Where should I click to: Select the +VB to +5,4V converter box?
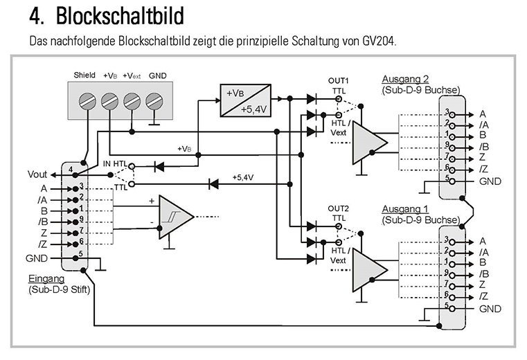pos(244,100)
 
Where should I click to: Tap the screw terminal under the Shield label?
pos(89,102)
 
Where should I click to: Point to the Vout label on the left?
pos(38,174)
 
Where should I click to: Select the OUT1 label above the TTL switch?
pos(339,81)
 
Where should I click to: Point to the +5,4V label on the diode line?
pos(243,178)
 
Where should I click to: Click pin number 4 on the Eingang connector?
pos(71,169)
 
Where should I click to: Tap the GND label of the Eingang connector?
pos(37,257)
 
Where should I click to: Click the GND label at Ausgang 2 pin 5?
pos(490,181)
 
